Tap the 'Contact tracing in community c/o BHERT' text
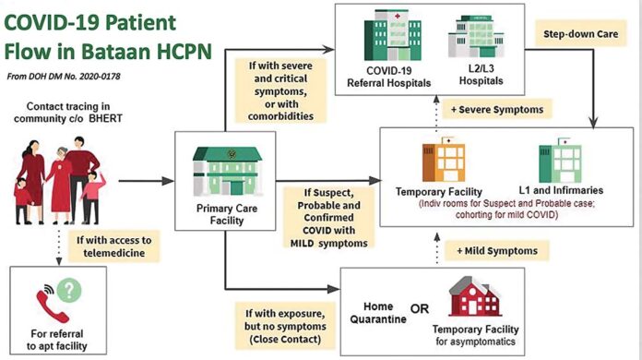point(65,113)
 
